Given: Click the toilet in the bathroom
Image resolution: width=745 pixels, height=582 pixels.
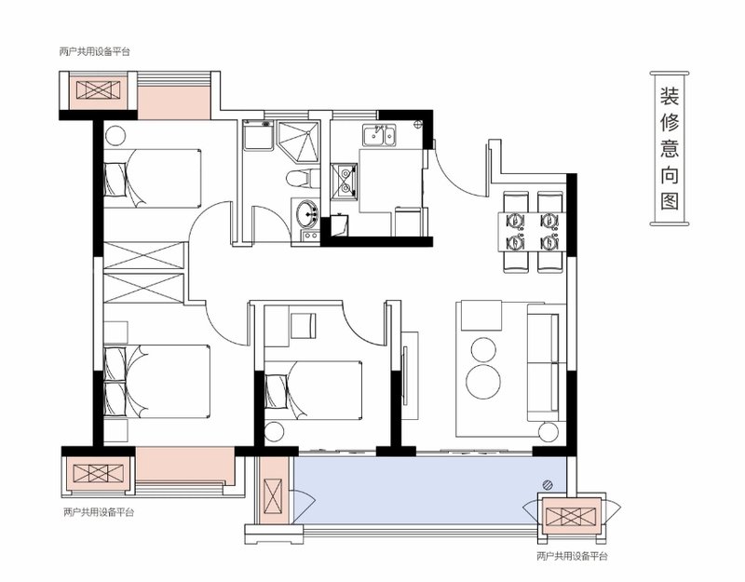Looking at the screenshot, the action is (298, 178).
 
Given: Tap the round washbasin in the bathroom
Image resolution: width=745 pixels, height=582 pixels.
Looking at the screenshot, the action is (307, 213).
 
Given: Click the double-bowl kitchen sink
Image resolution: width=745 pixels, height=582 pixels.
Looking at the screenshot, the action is (379, 136).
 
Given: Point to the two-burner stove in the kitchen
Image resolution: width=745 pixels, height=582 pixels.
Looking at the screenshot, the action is (344, 181).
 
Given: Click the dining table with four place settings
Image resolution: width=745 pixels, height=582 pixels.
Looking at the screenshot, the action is (532, 232).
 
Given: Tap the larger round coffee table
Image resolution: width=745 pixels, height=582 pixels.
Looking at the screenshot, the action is (483, 382).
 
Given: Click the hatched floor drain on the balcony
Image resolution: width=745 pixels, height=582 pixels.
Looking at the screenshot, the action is (549, 484).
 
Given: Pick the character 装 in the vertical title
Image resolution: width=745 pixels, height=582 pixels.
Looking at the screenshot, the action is (670, 96).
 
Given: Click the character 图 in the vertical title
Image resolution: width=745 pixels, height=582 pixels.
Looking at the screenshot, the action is (670, 201).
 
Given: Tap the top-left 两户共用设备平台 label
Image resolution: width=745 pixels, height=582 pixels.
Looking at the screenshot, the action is (94, 52).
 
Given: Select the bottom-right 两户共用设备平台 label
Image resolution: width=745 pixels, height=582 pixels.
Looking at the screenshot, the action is (572, 556).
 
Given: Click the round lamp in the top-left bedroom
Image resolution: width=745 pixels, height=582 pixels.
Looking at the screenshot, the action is (115, 136).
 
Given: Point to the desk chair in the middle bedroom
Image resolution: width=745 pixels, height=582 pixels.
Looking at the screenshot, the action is (304, 325).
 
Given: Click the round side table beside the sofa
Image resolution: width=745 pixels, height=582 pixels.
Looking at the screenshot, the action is (549, 431).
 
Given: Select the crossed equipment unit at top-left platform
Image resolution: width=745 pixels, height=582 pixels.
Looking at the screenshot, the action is (98, 90).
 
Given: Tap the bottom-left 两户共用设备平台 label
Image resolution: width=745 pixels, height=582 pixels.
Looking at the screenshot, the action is (99, 513).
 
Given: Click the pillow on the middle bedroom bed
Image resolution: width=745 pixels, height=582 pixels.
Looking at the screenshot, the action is (277, 390).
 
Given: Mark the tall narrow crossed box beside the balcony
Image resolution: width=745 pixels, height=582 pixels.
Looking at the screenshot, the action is (274, 496).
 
